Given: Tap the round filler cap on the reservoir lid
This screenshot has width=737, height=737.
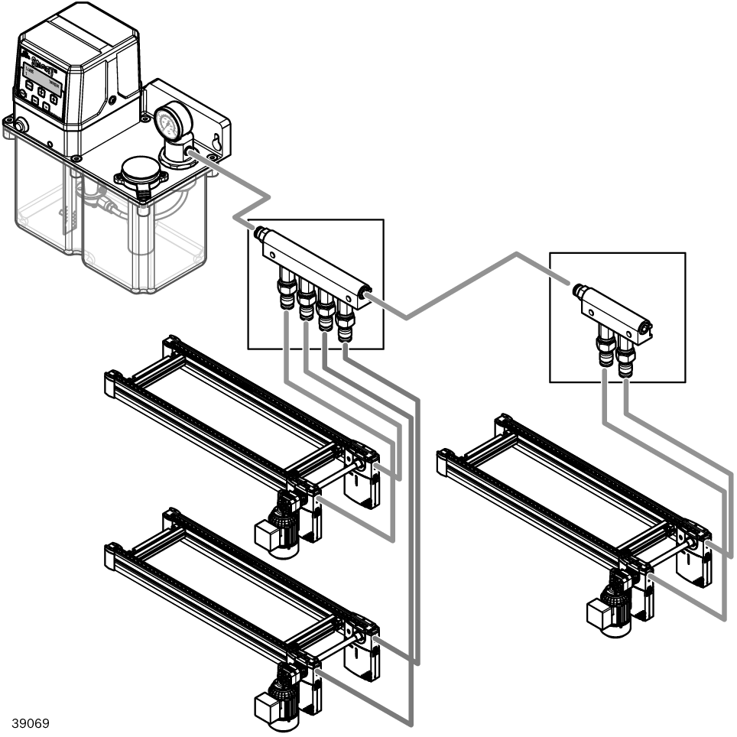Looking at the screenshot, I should [141, 170].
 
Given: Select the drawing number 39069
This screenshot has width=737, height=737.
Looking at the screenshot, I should [30, 722].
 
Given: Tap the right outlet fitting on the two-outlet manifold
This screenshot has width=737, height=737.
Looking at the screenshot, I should [625, 359].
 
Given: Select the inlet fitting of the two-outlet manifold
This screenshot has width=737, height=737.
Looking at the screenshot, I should [579, 291].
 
